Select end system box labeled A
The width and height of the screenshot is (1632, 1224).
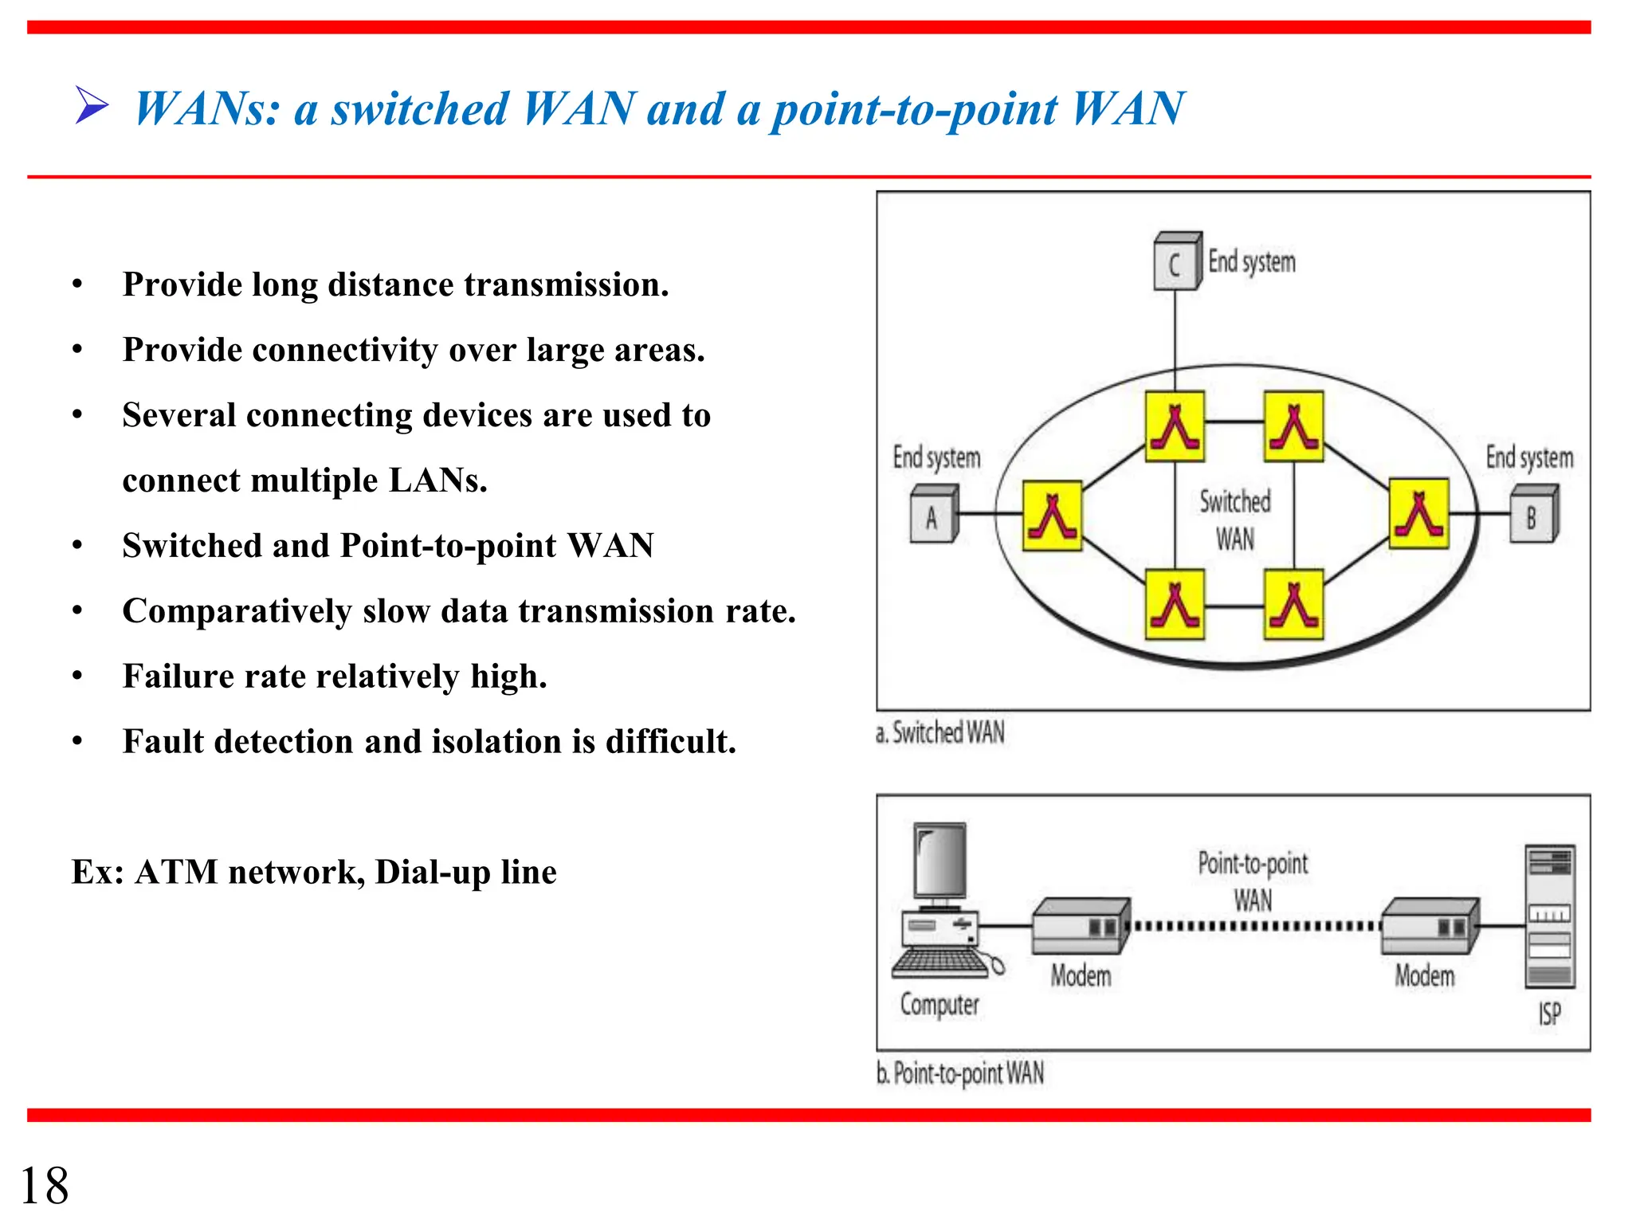933,516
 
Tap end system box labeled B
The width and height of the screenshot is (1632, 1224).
1533,516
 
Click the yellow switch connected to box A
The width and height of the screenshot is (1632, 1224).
1052,516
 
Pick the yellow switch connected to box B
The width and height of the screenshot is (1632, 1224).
1418,514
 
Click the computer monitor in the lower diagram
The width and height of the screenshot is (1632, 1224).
940,862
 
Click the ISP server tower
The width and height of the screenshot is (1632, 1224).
1549,916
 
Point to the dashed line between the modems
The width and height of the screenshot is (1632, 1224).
1255,926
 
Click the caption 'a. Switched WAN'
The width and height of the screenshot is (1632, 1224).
940,732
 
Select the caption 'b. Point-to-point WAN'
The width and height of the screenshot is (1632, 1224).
960,1073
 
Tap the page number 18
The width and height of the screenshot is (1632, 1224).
45,1186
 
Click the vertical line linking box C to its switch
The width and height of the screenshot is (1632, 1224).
1175,335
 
